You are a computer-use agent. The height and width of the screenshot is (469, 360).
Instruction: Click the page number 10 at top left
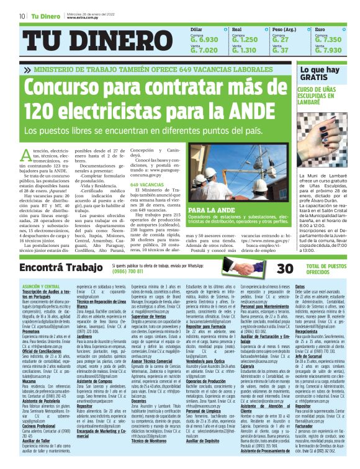point(22,16)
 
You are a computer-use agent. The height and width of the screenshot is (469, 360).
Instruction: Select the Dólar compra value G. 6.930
point(204,39)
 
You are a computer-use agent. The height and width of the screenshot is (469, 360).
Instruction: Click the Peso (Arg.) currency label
point(284,29)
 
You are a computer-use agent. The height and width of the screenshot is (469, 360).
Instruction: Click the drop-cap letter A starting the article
point(27,154)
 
